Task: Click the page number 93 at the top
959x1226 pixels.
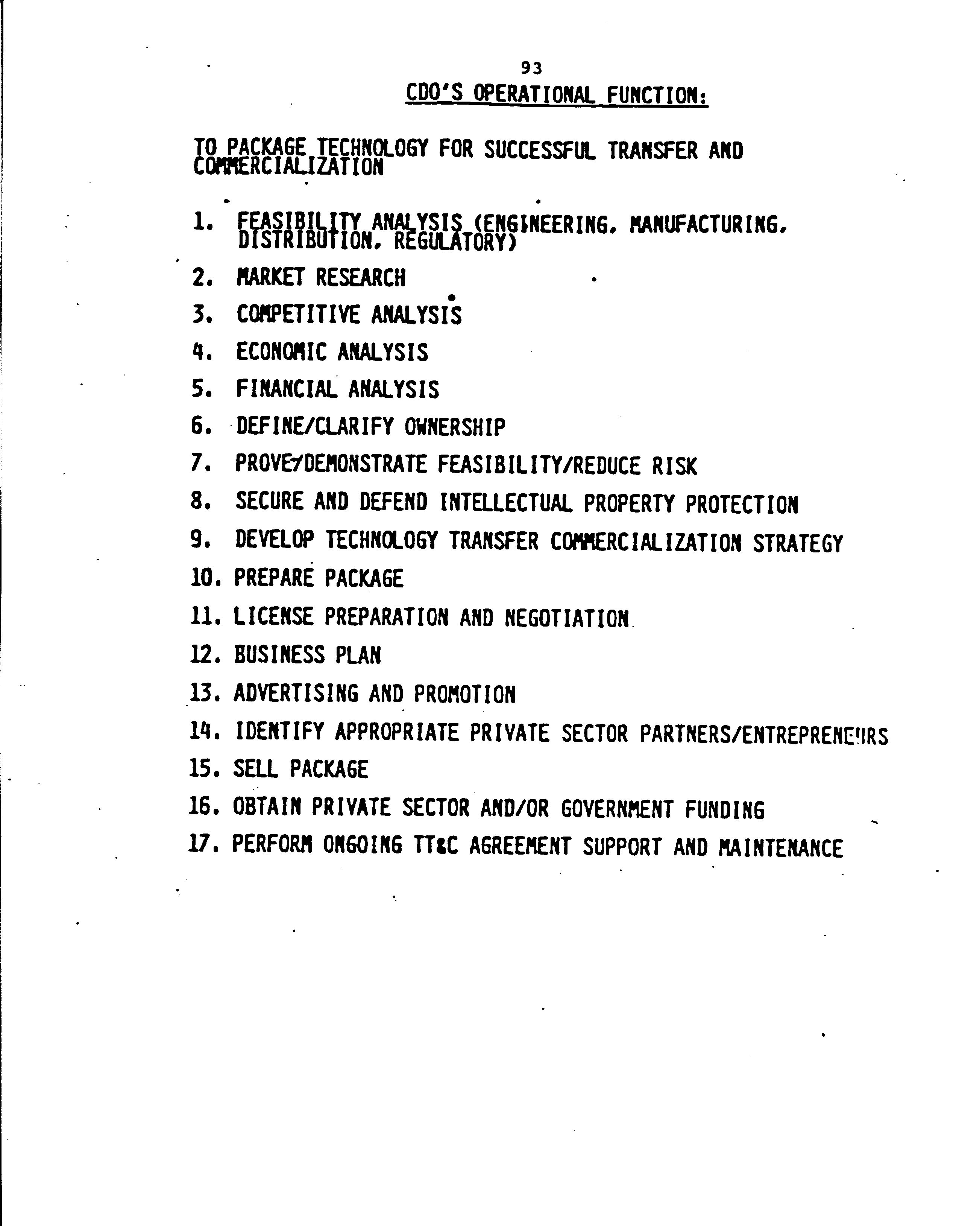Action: [531, 68]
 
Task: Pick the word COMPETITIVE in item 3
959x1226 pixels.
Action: [298, 314]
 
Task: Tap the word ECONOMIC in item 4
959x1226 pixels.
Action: [281, 352]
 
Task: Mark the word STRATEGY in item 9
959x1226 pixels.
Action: [798, 543]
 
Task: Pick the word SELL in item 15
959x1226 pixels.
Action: [255, 769]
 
